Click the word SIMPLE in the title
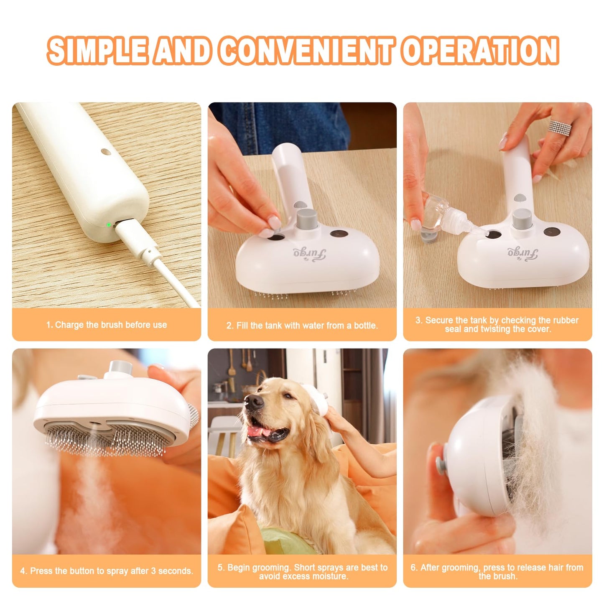coord(97,51)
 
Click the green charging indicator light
coord(109,224)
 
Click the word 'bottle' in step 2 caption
coord(364,326)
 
